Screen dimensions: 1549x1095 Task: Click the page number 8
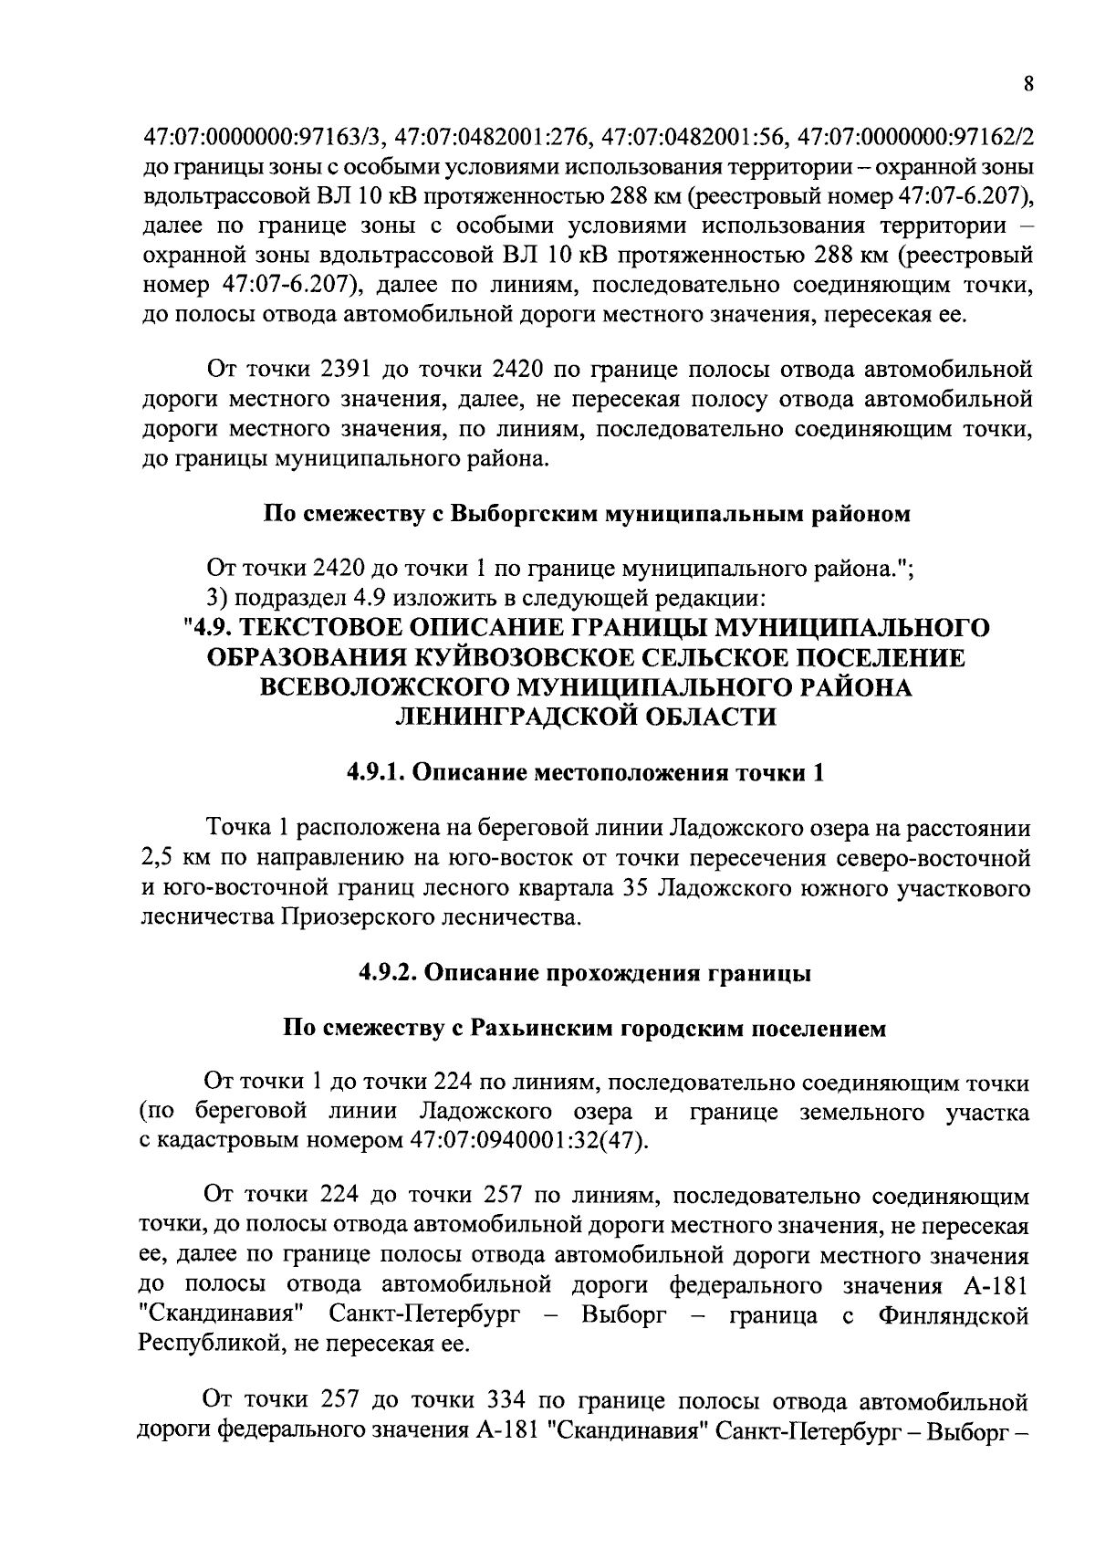click(1028, 84)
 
